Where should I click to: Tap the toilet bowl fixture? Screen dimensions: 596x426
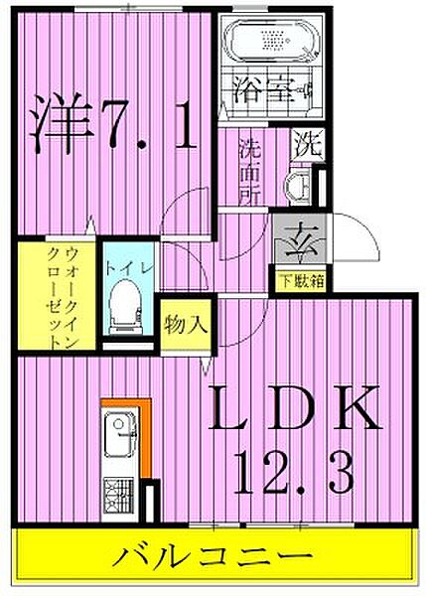coord(125,304)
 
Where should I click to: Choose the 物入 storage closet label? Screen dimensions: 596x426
coord(185,324)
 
